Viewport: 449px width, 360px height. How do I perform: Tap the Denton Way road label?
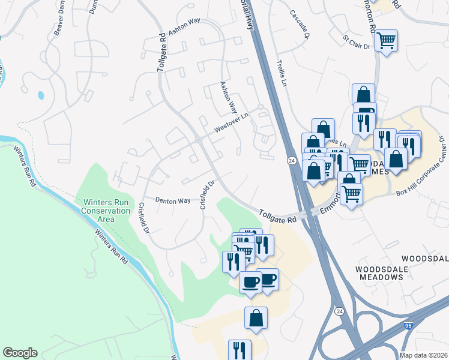click(x=173, y=201)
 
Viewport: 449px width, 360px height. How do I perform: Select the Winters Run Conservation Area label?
click(x=106, y=206)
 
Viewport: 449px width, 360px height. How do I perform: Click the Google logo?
click(x=20, y=353)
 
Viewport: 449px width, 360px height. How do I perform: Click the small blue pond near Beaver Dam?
click(x=41, y=95)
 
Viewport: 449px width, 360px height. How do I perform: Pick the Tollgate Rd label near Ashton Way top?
click(x=162, y=53)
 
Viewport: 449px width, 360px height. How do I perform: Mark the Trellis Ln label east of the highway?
click(x=280, y=73)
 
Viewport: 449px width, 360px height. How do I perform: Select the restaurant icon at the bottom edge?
click(x=240, y=350)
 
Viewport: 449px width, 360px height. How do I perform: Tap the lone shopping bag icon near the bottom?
click(x=256, y=318)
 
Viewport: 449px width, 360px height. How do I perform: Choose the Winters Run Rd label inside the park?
click(x=111, y=247)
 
